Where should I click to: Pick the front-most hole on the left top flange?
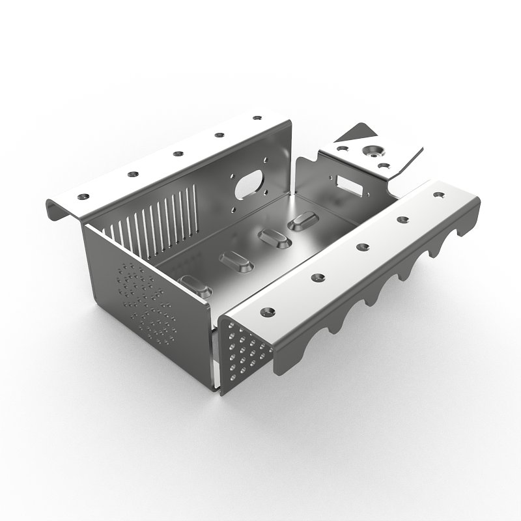(x=83, y=195)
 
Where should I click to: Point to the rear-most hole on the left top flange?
(x=256, y=119)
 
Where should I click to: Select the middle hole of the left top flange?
(x=177, y=154)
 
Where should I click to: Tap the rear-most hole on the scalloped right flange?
(x=437, y=194)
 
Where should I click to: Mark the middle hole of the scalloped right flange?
(x=360, y=246)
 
